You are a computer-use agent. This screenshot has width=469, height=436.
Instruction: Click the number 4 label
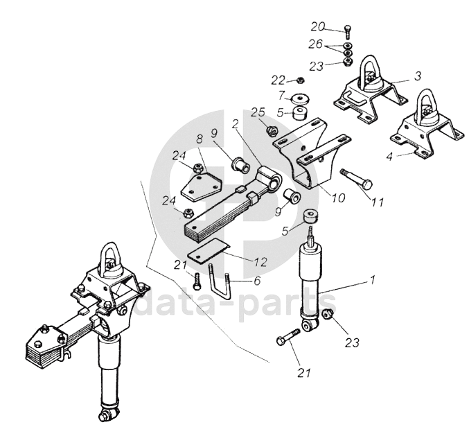[x=389, y=157]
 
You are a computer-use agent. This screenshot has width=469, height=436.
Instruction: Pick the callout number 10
[x=338, y=197]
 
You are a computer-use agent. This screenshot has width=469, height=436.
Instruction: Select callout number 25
[x=258, y=112]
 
